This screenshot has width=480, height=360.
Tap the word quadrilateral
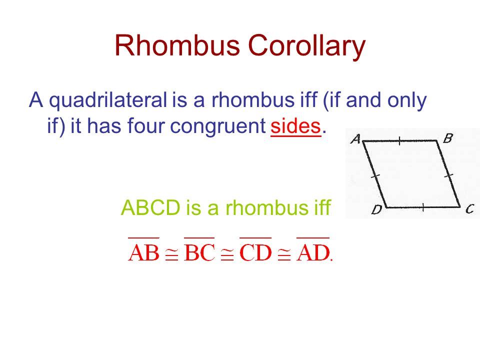(108, 100)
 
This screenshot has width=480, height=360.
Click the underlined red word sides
(295, 126)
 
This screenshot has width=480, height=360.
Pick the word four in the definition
(146, 125)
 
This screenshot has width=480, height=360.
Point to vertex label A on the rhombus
(355, 139)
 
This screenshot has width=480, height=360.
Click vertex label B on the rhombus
(447, 138)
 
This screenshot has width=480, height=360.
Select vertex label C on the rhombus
(470, 209)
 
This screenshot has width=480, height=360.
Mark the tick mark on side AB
(399, 141)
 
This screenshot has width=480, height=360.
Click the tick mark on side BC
(448, 176)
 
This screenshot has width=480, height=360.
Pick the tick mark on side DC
(423, 207)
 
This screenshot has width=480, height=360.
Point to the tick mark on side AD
(375, 176)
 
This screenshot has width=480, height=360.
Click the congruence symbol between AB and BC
(171, 254)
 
